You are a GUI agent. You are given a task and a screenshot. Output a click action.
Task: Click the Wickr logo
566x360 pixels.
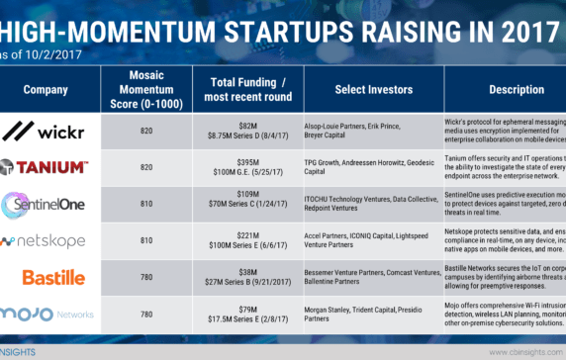click(47, 132)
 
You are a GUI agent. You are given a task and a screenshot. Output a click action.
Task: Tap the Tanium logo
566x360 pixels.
click(47, 168)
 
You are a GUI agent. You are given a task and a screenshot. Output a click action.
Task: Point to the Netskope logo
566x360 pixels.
click(47, 240)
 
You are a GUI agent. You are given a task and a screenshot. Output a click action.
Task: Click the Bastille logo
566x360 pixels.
click(47, 276)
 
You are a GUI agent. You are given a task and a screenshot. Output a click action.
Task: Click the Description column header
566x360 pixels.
click(515, 88)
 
